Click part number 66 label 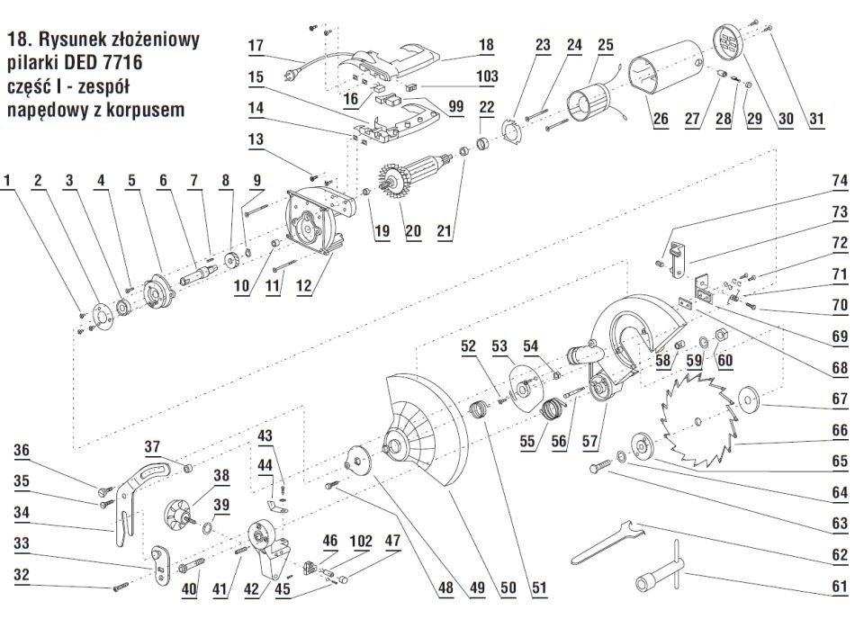point(838,432)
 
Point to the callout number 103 point(487,78)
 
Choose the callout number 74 point(838,180)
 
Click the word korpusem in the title point(145,111)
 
